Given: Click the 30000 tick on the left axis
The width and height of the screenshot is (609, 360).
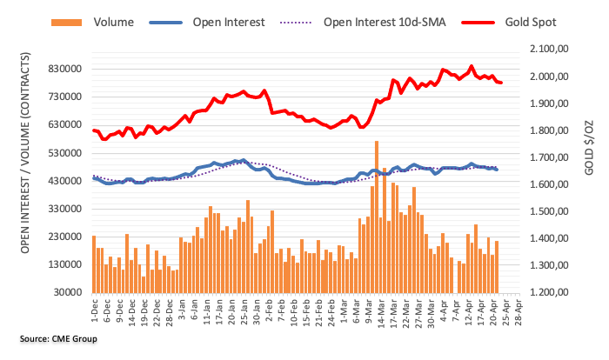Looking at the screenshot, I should (x=70, y=292).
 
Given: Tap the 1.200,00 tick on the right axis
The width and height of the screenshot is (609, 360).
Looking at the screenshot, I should (x=549, y=292).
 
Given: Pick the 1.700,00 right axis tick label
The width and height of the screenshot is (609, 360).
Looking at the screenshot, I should (x=549, y=158).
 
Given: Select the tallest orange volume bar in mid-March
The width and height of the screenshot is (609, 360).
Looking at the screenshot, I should (x=377, y=217).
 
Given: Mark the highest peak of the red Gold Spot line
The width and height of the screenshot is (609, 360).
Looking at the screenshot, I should (x=472, y=65).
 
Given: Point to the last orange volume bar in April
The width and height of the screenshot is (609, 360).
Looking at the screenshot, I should (x=498, y=266).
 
